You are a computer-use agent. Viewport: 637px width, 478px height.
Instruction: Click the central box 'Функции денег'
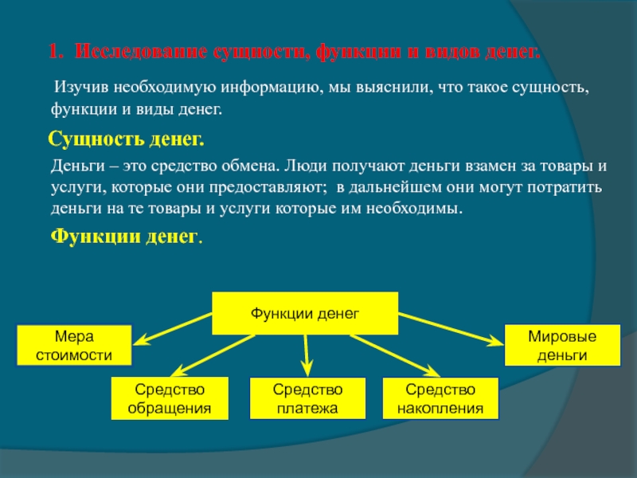(305, 313)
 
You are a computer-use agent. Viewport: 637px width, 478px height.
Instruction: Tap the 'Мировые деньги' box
(563, 345)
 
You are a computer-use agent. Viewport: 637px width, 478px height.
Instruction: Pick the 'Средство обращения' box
(170, 399)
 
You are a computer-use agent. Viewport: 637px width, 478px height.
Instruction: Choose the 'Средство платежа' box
(307, 399)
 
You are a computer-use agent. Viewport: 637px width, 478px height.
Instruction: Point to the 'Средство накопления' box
(440, 399)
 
